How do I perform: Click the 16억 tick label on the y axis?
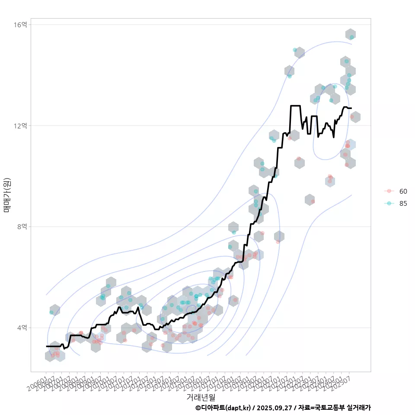click(21, 25)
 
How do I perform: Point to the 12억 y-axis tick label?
click(21, 126)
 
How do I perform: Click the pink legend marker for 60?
click(389, 191)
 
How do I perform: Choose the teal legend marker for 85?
click(389, 204)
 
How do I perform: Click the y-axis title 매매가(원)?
click(7, 195)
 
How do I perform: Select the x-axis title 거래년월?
click(201, 397)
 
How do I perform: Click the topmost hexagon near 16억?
click(351, 35)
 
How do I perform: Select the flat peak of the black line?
click(295, 105)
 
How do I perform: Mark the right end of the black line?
click(351, 108)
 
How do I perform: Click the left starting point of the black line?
click(47, 346)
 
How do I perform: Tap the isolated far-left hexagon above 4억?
click(54, 310)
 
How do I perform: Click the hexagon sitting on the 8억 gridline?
click(233, 227)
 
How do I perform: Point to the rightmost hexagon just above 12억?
click(355, 117)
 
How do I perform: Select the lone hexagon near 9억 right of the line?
click(310, 200)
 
